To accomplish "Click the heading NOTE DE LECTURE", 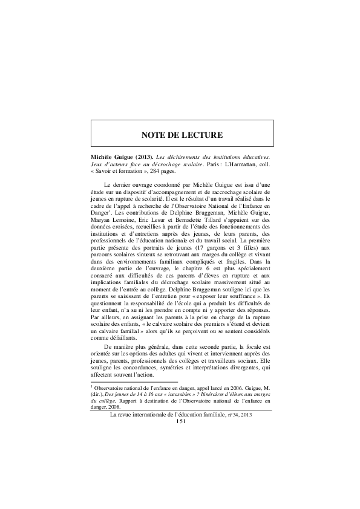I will click(x=182, y=134).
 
